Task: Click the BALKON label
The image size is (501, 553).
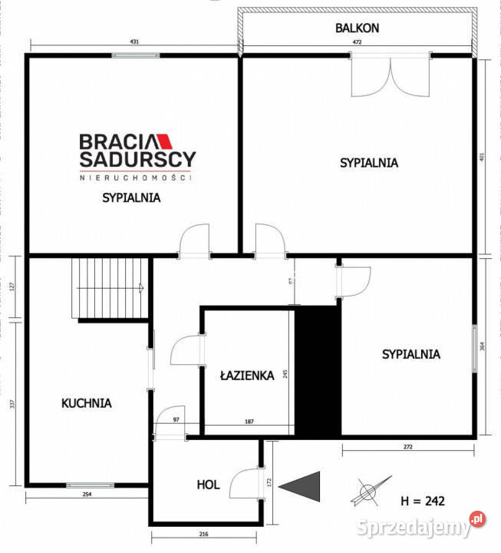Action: coord(357,28)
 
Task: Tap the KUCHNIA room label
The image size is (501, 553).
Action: coord(87,402)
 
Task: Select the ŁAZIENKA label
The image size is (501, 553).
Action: coord(246,376)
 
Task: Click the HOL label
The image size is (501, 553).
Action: coord(208,485)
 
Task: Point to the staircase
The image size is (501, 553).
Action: coord(109,288)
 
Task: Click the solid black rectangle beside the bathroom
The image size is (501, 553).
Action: coord(318,372)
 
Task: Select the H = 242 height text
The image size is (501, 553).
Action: coord(423,501)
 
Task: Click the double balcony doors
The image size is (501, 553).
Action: coord(391,75)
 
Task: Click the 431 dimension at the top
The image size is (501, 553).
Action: coord(134,41)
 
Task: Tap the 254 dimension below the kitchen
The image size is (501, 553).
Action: coord(87,495)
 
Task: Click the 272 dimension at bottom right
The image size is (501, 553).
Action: coord(407,445)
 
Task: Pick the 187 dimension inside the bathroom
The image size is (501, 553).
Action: coord(249,421)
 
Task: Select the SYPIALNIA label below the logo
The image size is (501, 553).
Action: coord(131,197)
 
